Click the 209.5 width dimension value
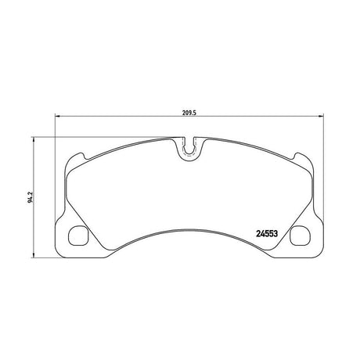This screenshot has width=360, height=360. click(189, 113)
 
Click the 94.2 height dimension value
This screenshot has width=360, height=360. click(31, 197)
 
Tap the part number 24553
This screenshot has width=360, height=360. click(267, 233)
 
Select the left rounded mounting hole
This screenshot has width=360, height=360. click(78, 236)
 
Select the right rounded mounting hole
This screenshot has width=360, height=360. click(301, 236)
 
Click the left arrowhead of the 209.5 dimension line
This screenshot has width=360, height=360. click(58, 116)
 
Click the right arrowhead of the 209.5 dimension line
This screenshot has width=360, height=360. click(321, 116)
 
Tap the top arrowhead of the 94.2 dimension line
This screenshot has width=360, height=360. click(33, 140)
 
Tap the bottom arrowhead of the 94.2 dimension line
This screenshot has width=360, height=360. click(33, 255)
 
